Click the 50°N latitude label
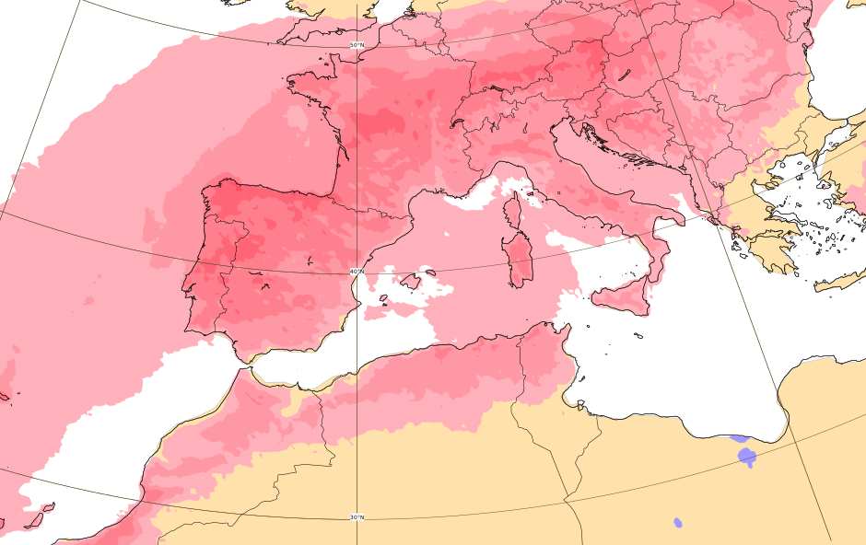tap(357, 45)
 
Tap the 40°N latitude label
tap(357, 271)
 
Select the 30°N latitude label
tap(357, 517)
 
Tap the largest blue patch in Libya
tap(746, 456)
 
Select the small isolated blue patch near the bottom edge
tap(678, 522)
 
